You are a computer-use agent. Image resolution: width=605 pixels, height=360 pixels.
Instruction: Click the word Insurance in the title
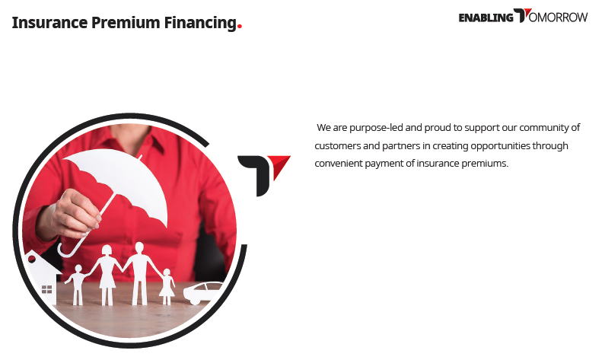(x=49, y=22)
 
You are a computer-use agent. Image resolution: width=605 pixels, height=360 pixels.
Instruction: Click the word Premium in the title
(x=126, y=22)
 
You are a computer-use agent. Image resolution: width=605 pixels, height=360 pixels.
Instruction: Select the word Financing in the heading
(x=200, y=23)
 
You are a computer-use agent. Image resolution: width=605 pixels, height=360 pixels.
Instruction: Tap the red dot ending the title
(x=240, y=27)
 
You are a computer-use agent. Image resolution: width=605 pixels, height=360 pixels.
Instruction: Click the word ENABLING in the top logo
(x=486, y=18)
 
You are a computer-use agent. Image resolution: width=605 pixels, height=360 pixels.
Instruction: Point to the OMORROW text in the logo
(x=558, y=18)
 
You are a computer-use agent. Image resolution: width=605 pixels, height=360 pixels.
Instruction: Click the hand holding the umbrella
(x=73, y=213)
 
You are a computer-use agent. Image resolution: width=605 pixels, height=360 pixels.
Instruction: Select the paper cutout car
(x=202, y=292)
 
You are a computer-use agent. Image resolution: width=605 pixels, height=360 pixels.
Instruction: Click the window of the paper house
(x=46, y=289)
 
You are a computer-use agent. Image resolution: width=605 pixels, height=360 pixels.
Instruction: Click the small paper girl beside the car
(x=167, y=287)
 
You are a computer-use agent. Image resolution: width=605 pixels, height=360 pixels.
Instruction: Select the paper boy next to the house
(x=78, y=285)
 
